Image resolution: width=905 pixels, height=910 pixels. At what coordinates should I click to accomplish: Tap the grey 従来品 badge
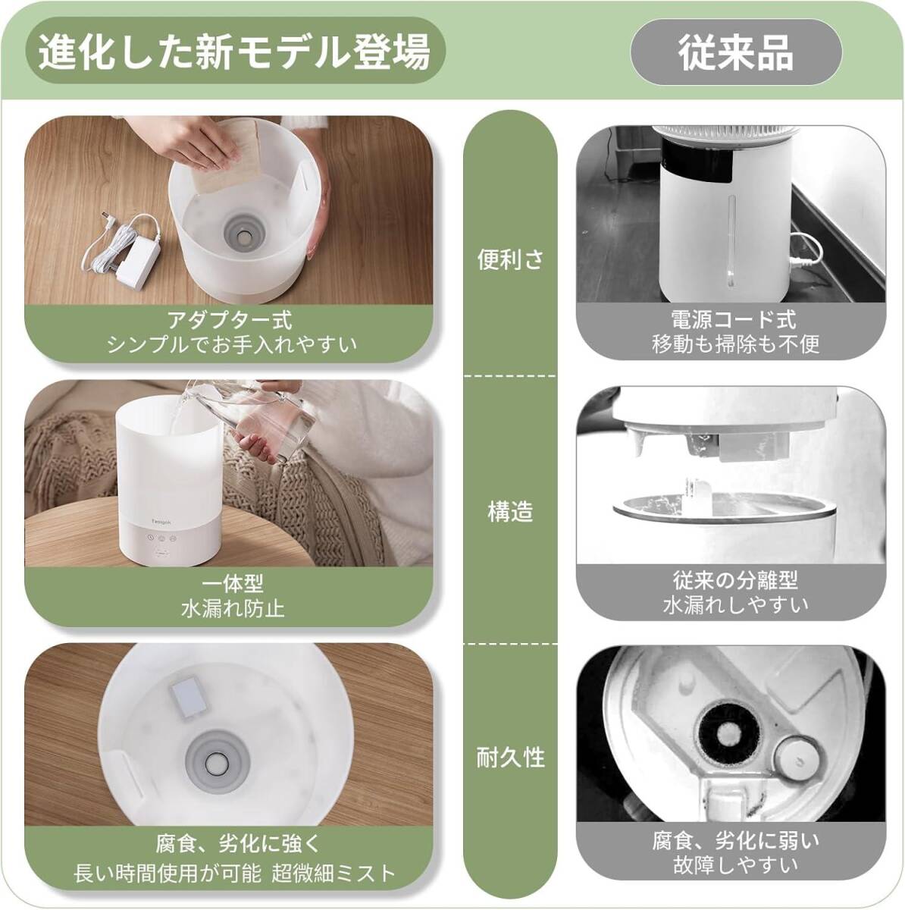coord(736,52)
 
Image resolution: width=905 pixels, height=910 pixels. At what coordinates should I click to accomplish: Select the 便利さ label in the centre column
coord(510,259)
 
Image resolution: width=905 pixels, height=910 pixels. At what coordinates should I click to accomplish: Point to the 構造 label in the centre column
coord(510,512)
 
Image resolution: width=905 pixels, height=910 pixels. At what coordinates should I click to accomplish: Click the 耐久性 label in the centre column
coord(510,758)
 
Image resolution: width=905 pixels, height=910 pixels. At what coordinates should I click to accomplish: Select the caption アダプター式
coord(230,320)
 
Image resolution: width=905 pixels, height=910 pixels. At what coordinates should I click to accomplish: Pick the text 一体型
coord(232,584)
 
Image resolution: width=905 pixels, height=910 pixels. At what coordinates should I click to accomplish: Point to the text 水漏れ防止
coord(232,609)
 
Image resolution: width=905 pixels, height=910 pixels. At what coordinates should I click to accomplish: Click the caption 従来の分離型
coord(735,580)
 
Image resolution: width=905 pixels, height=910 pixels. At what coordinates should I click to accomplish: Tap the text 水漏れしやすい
coord(735,605)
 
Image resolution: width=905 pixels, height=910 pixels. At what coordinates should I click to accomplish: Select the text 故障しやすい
coord(735,865)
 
